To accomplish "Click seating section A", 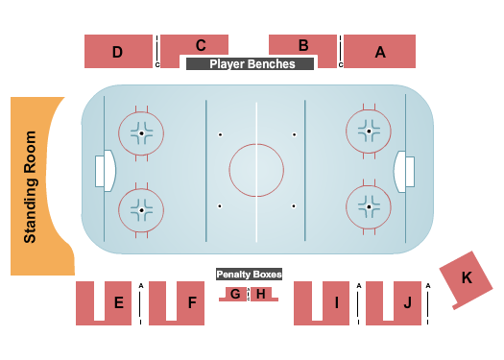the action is click(x=379, y=52).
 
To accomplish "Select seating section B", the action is click(x=303, y=44).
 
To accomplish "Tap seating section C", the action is click(x=201, y=44).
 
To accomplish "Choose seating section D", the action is click(x=117, y=52).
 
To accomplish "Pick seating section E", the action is click(x=118, y=303).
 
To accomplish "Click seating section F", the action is click(x=192, y=303).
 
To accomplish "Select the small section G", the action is click(x=235, y=294).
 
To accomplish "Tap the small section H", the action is click(x=260, y=294).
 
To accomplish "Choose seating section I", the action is click(x=336, y=303).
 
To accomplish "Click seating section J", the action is click(x=407, y=303).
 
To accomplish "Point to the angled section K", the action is click(x=467, y=277).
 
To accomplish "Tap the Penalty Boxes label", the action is click(x=249, y=274).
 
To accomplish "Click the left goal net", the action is click(x=101, y=172).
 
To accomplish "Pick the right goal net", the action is click(x=410, y=172).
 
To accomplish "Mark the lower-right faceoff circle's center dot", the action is click(x=369, y=205).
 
